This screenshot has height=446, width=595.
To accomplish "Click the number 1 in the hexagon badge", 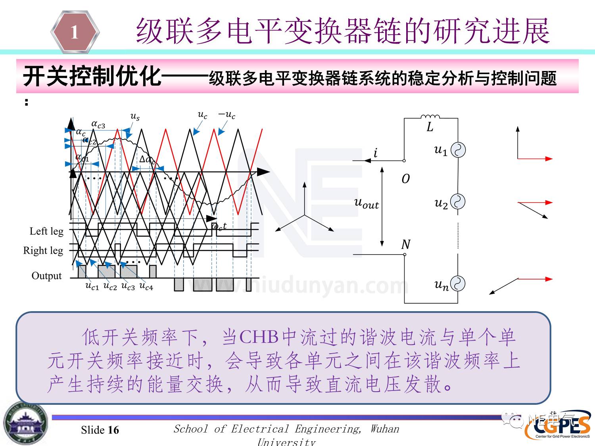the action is click(x=75, y=32).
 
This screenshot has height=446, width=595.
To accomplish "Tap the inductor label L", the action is click(x=430, y=127).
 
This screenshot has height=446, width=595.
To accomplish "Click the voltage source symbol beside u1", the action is click(x=458, y=150).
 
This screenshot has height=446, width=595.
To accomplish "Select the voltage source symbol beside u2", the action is click(x=458, y=202).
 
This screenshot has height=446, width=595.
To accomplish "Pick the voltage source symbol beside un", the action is click(x=458, y=284).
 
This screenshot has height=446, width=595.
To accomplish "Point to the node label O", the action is click(x=405, y=179).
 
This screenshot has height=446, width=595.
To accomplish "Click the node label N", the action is click(x=405, y=244).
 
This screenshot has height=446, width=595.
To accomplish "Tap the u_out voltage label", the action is click(x=366, y=203).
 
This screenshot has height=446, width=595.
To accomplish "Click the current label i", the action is click(x=375, y=153).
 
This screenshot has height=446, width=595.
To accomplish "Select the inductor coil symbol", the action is click(x=430, y=116).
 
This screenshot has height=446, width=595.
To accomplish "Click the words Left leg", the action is click(x=46, y=231).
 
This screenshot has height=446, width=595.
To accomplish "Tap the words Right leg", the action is click(x=43, y=251).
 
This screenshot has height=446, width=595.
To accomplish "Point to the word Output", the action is click(x=46, y=276).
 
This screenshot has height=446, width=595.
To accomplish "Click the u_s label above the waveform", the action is click(x=135, y=116).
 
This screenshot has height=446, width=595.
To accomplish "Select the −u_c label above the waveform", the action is click(x=226, y=115).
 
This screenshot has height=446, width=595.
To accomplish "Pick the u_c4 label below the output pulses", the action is click(x=146, y=286).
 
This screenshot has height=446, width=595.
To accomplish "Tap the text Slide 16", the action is click(x=100, y=430).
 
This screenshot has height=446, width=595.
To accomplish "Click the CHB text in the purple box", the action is click(x=259, y=337).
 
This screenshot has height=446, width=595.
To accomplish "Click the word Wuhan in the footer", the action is click(x=385, y=429).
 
